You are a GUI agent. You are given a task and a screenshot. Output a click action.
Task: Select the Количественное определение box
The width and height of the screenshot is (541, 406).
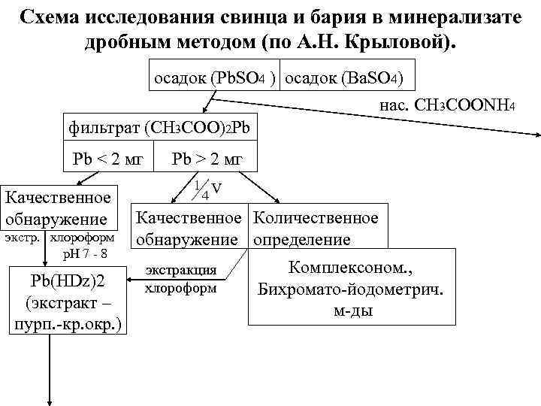point(316,229)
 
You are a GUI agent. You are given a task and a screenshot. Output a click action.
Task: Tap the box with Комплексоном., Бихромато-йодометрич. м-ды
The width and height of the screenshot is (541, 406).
point(351,289)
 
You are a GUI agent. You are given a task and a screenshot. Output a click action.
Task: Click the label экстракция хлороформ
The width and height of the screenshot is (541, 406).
point(180,278)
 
